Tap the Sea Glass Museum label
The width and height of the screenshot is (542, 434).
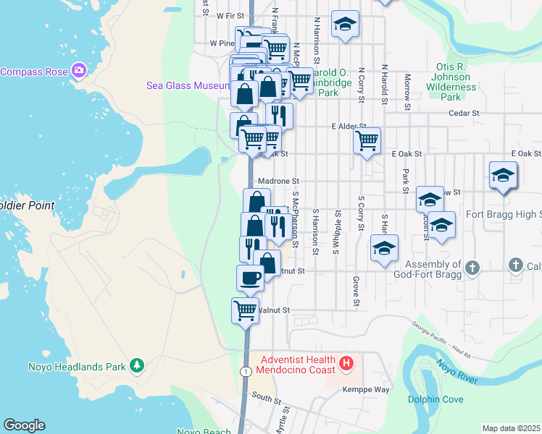188,85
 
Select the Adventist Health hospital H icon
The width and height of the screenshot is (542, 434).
346,362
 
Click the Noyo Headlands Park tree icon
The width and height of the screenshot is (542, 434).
135,365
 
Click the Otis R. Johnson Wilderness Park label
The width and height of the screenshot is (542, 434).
451,82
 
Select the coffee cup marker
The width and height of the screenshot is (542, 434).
251,278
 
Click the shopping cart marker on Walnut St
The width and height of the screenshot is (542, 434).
246,310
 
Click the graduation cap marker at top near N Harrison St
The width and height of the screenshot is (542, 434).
346,24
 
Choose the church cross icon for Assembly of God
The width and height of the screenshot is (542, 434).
472,267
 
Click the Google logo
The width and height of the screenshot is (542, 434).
23,425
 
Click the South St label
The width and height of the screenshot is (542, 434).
267,398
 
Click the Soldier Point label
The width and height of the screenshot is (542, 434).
27,205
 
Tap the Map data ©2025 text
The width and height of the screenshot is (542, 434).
510,428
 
